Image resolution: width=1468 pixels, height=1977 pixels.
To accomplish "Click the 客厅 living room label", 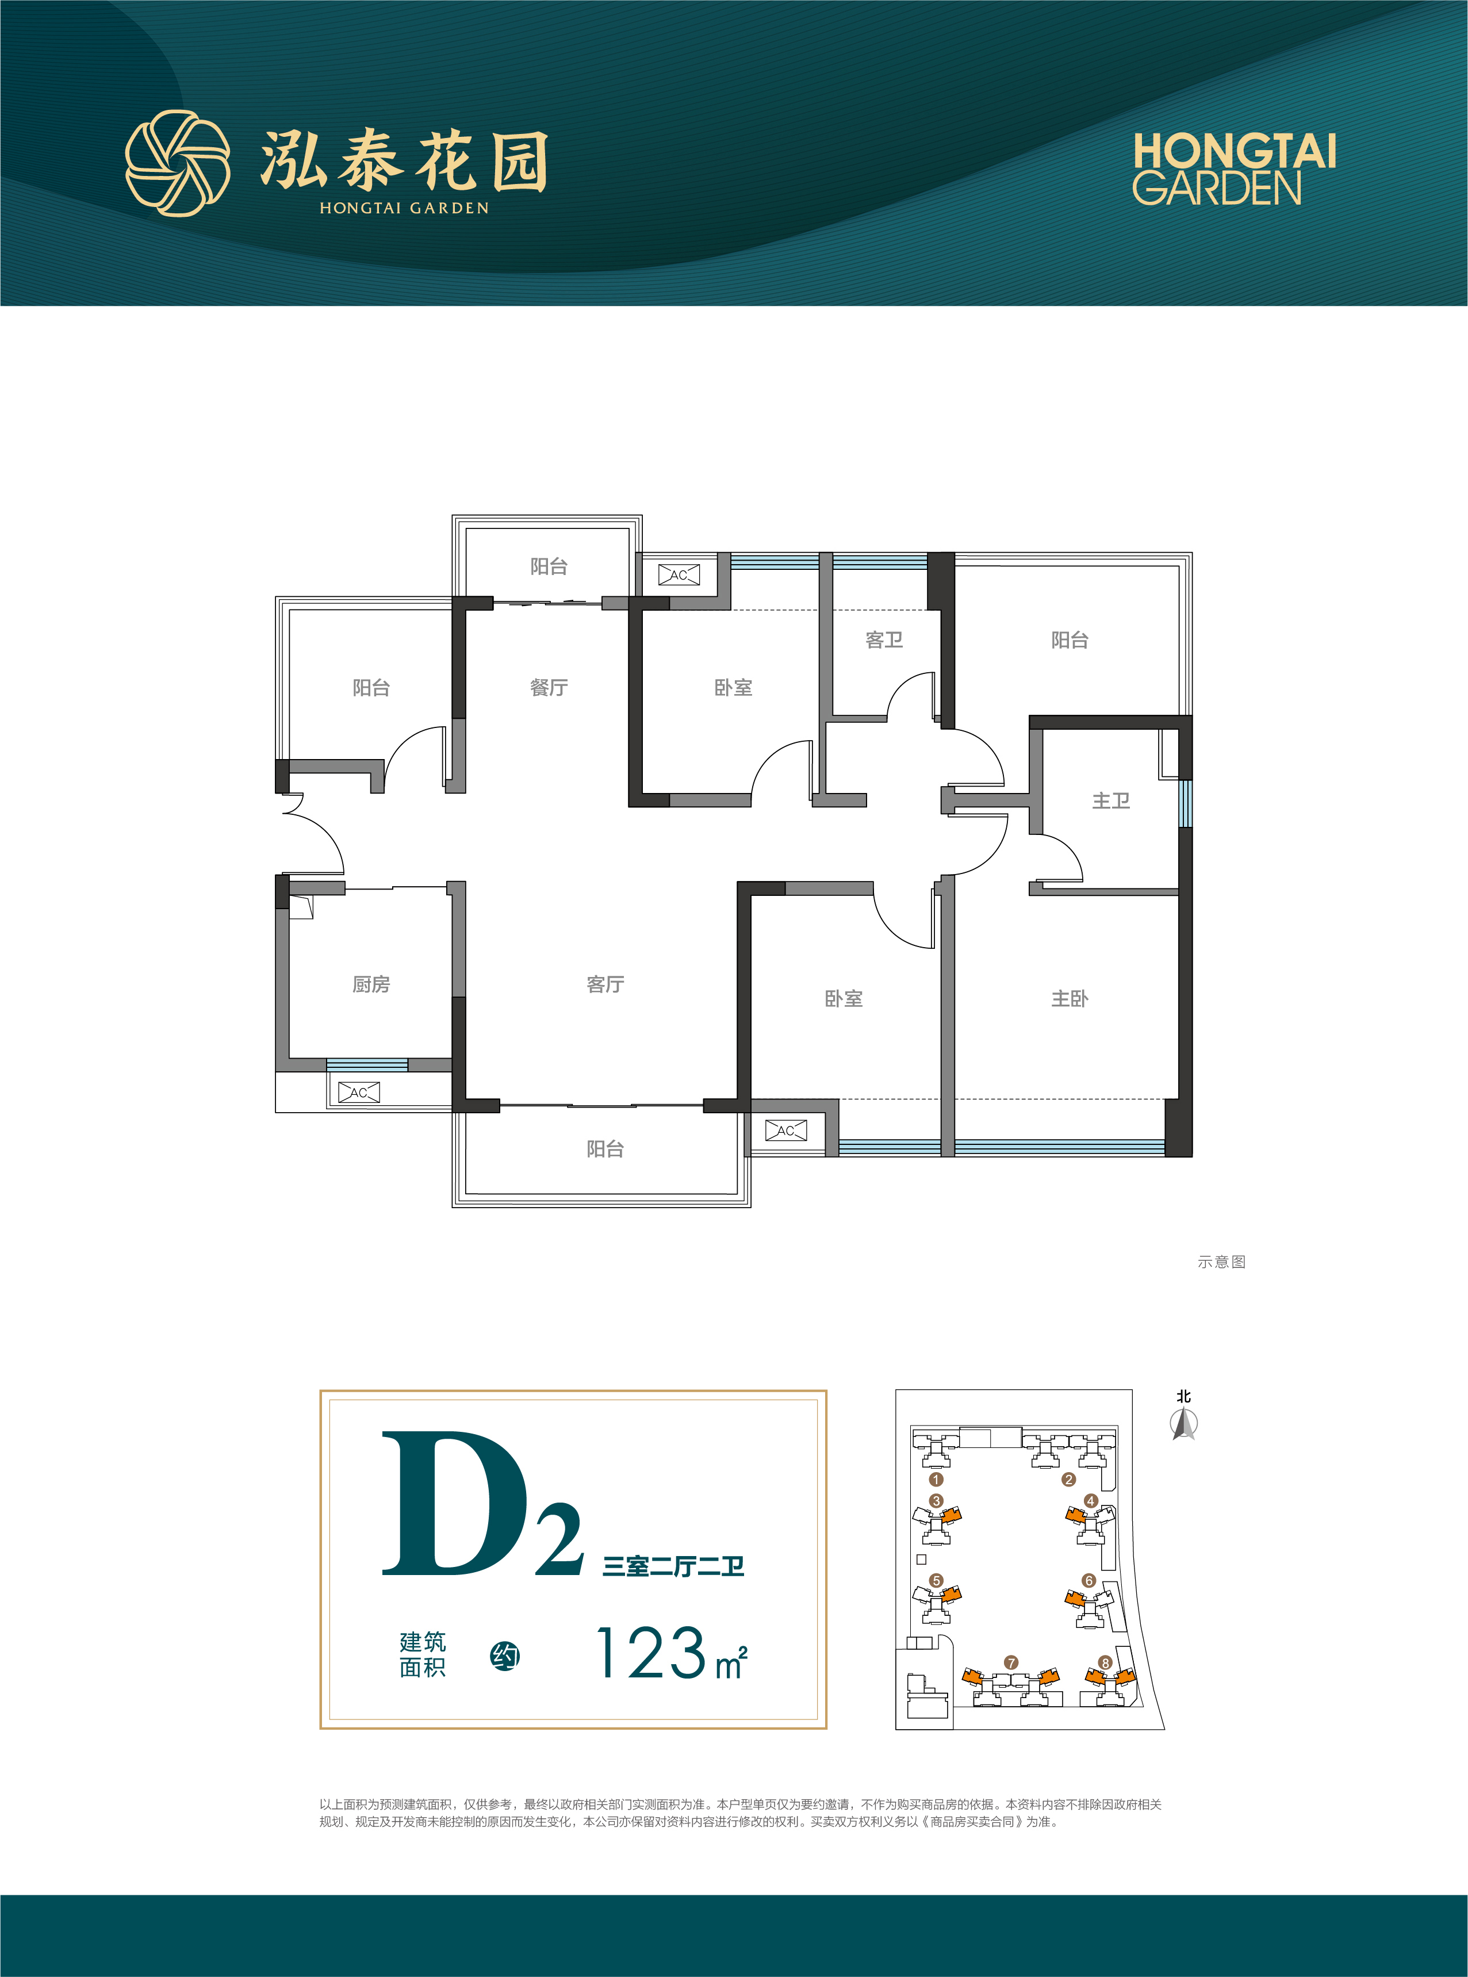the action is (x=605, y=984).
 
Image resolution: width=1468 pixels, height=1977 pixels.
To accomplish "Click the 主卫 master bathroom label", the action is (x=1111, y=800).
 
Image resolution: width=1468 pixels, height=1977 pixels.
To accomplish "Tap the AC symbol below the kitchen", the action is (x=359, y=1092).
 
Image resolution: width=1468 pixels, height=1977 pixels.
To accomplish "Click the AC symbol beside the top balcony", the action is (x=679, y=575).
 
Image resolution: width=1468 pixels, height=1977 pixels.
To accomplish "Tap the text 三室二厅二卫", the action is (x=673, y=1566).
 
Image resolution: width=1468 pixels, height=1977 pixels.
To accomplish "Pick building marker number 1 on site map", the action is (x=935, y=1480).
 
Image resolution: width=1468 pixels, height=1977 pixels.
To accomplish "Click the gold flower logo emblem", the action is (x=178, y=163).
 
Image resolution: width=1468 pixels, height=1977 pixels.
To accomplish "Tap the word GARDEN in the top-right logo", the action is (x=1217, y=189).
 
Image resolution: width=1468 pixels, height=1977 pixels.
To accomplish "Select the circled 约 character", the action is (x=505, y=1656).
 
